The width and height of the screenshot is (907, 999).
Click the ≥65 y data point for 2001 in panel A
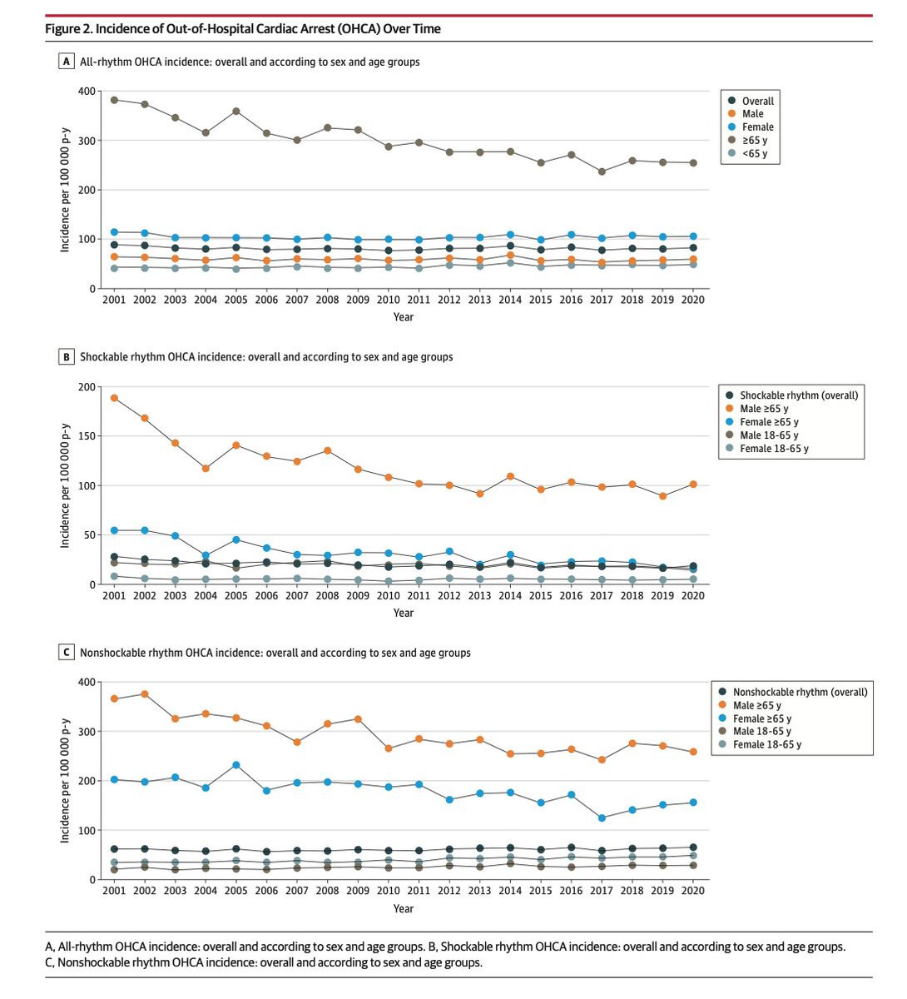point(114,100)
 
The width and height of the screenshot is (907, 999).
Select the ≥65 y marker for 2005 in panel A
point(236,111)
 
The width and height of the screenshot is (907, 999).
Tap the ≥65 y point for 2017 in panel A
point(602,171)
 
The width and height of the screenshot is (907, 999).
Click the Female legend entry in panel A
point(751,127)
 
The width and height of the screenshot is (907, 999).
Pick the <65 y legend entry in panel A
point(748,153)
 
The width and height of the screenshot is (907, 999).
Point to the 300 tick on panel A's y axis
point(86,141)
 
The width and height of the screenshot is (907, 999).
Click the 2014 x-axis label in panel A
point(510,300)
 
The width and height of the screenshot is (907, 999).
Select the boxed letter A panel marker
point(67,62)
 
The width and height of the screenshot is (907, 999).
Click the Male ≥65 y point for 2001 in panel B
point(114,398)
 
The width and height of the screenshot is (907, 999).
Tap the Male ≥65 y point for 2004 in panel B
point(206,468)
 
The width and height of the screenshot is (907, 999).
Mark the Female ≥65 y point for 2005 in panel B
point(236,539)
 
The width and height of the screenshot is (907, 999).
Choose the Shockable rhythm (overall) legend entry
point(791,395)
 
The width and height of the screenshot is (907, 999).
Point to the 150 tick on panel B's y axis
point(86,435)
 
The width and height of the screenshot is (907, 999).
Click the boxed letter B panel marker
point(67,356)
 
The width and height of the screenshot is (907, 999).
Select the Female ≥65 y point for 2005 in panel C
point(236,765)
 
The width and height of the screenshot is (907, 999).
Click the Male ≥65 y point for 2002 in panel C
point(144,693)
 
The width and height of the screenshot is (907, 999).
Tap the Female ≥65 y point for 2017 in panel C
point(602,818)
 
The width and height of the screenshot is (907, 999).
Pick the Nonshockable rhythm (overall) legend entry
point(792,692)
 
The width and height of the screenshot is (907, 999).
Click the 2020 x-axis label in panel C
point(692,891)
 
